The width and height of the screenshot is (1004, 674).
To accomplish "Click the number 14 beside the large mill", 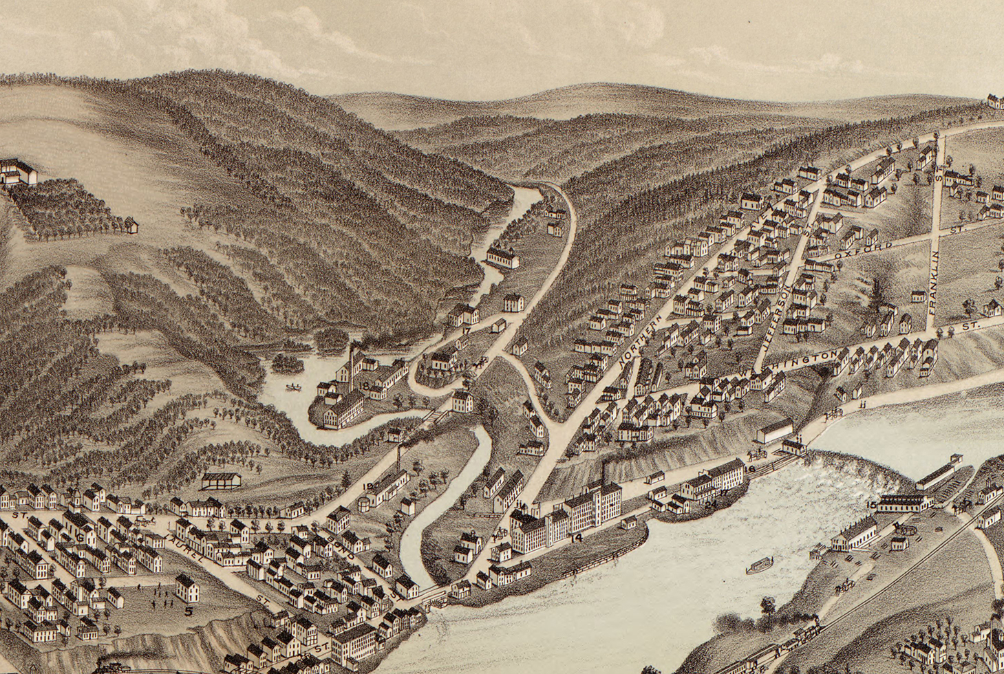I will pyautogui.click(x=576, y=538).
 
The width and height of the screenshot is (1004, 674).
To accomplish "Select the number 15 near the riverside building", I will pyautogui.click(x=871, y=505).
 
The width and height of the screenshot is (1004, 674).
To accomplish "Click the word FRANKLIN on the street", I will pyautogui.click(x=935, y=283).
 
